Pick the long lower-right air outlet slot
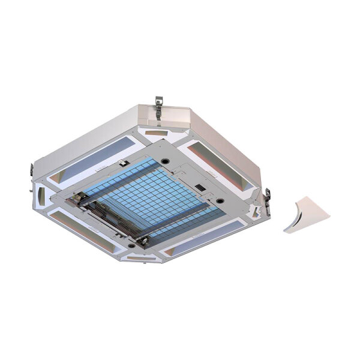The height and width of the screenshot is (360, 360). click(204, 237)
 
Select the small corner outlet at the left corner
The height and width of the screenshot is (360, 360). click(41, 194)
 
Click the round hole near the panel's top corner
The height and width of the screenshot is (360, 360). click(164, 161)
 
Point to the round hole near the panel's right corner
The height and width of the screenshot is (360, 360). click(220, 200)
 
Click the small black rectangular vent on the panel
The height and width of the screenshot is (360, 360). click(202, 187)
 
